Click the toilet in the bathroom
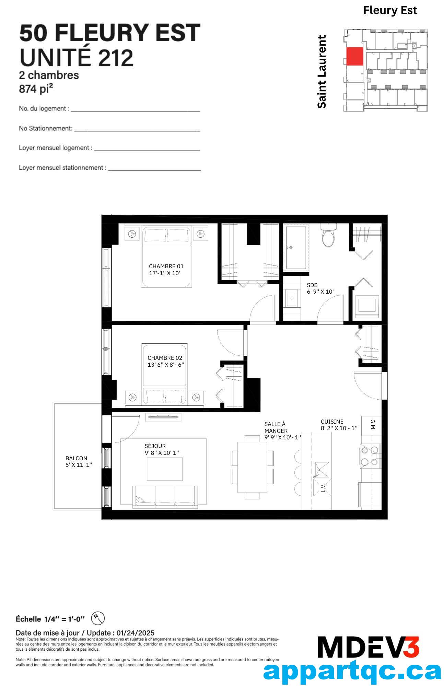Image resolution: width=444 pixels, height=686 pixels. pyautogui.click(x=328, y=235)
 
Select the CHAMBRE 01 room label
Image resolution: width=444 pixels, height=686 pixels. pyautogui.click(x=166, y=266)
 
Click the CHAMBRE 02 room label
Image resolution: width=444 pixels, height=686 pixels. pyautogui.click(x=165, y=358)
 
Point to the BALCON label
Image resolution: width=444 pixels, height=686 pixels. pyautogui.click(x=76, y=458)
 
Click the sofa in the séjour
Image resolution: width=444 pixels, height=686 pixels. pyautogui.click(x=165, y=497)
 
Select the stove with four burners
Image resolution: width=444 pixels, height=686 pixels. pyautogui.click(x=369, y=456)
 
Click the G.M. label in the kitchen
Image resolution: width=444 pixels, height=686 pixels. pyautogui.click(x=373, y=425)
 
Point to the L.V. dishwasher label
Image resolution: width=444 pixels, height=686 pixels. pyautogui.click(x=323, y=488)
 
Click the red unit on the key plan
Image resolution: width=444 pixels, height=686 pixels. pyautogui.click(x=354, y=56)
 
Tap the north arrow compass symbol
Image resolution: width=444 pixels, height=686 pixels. pyautogui.click(x=98, y=618)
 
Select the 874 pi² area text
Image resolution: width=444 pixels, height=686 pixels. pyautogui.click(x=36, y=89)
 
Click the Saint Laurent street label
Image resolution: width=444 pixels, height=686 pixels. pyautogui.click(x=322, y=72)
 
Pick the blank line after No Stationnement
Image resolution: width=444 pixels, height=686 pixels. pyautogui.click(x=137, y=131)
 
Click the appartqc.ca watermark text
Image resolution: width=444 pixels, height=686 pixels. pyautogui.click(x=352, y=672)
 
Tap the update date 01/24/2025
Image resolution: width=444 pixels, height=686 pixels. pyautogui.click(x=136, y=633)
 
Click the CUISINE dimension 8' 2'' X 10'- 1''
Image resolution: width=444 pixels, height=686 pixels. pyautogui.click(x=339, y=428)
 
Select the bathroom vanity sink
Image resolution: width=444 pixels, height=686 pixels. pyautogui.click(x=292, y=298)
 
